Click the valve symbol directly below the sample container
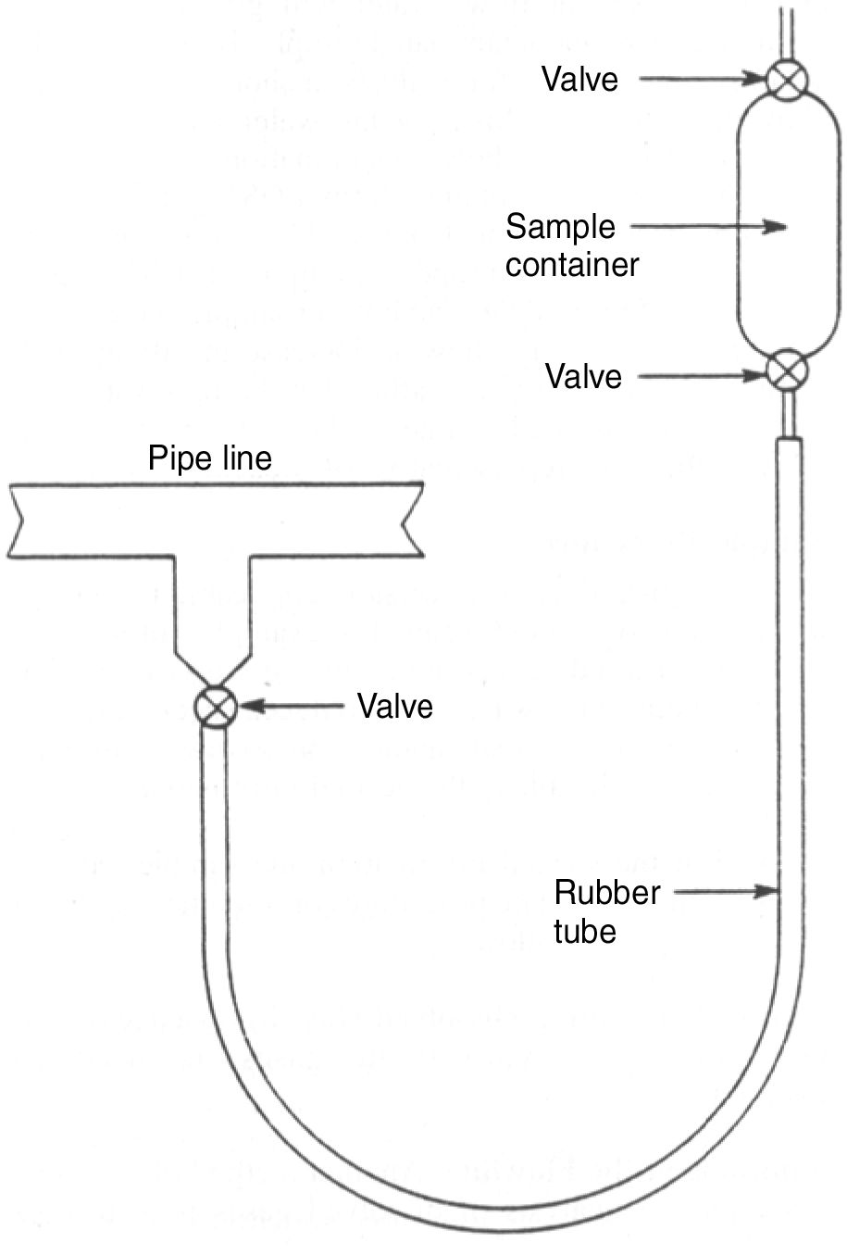(788, 371)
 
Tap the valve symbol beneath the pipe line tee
(216, 709)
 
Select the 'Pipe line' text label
(210, 458)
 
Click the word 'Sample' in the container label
(560, 226)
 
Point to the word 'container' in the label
(572, 265)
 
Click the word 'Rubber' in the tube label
(607, 893)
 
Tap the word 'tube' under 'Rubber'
(585, 931)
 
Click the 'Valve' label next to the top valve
(579, 80)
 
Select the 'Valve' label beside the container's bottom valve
(583, 377)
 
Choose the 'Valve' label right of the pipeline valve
(395, 707)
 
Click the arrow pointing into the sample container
(708, 227)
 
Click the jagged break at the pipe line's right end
(413, 521)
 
